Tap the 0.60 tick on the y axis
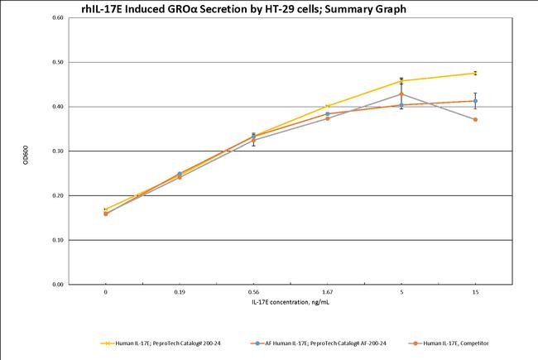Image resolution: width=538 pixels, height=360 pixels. click(57, 18)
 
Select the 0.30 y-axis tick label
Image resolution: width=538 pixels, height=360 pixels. click(57, 151)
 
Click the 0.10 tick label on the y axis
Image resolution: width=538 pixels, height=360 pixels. click(57, 240)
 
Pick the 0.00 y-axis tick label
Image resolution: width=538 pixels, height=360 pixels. click(57, 285)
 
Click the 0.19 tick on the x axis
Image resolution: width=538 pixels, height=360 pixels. click(180, 293)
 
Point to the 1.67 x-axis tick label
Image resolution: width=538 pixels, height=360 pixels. click(328, 293)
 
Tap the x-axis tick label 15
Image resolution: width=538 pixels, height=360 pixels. click(475, 293)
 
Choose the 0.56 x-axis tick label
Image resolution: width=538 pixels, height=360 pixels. click(253, 293)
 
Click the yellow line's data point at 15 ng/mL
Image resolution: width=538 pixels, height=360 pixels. click(475, 73)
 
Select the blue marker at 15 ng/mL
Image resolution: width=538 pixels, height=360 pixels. click(475, 101)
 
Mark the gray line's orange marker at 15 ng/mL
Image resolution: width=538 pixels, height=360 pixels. click(475, 120)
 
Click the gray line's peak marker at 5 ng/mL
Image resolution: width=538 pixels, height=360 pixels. click(401, 94)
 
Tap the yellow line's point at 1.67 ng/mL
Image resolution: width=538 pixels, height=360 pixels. click(328, 106)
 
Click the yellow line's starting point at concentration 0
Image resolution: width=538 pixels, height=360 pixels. click(106, 209)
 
